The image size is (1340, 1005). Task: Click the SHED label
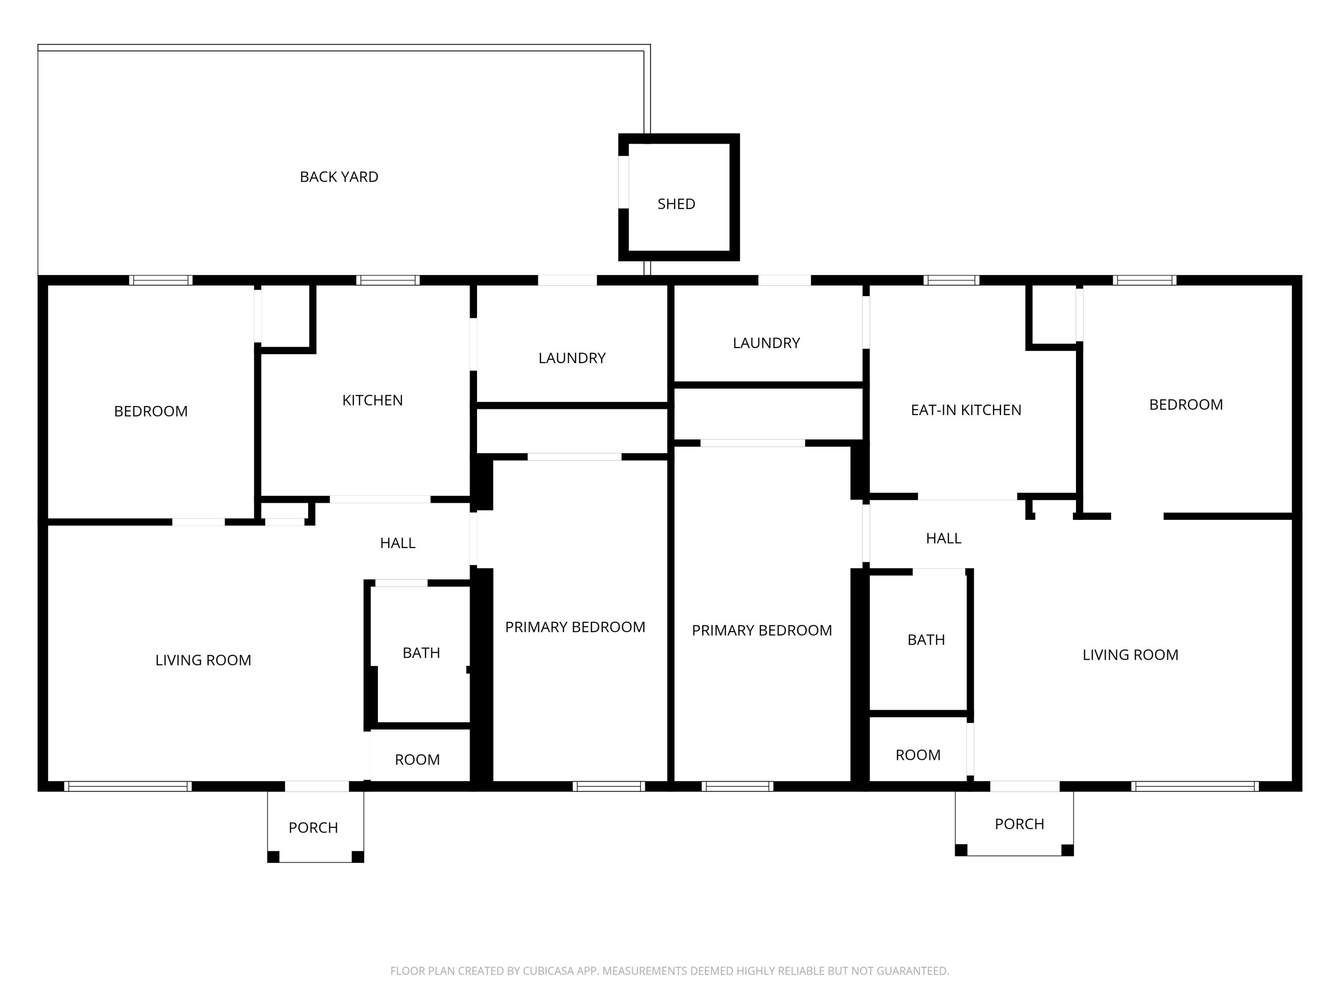[676, 204]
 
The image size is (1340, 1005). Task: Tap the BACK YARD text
[339, 177]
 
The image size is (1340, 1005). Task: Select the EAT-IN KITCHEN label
[966, 410]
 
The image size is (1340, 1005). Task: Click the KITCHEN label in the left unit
[372, 400]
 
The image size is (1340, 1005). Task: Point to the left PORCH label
[313, 828]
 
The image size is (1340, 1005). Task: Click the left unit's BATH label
[421, 653]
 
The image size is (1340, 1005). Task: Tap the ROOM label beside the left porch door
[417, 760]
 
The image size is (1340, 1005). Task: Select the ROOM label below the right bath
[918, 755]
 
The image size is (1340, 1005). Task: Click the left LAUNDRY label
[572, 358]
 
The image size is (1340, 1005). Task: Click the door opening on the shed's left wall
[624, 182]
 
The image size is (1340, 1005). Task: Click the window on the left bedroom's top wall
[160, 280]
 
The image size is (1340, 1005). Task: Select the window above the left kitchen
[388, 280]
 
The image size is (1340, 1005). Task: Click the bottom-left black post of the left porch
[273, 857]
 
